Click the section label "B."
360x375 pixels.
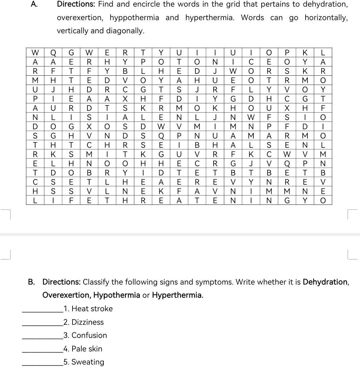[32, 282]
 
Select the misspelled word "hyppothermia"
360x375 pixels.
[134, 18]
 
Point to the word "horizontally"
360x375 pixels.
[326, 18]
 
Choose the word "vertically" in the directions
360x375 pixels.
[72, 31]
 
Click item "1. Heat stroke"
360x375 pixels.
[88, 309]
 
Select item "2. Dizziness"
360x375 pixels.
[83, 322]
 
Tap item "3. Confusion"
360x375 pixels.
[85, 336]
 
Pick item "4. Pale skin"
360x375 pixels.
[82, 349]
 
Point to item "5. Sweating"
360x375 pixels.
[84, 362]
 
